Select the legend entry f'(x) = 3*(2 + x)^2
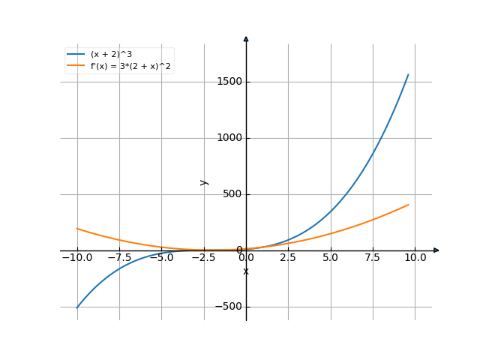pyautogui.click(x=130, y=66)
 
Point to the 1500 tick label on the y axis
pyautogui.click(x=227, y=81)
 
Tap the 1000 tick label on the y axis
pyautogui.click(x=227, y=137)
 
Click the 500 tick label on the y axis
pyautogui.click(x=230, y=193)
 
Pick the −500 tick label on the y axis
pyautogui.click(x=227, y=306)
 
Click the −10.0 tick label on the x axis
pyautogui.click(x=76, y=258)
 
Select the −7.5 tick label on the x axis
pyautogui.click(x=118, y=258)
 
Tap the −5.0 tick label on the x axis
pyautogui.click(x=161, y=258)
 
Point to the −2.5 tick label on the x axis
pyautogui.click(x=203, y=258)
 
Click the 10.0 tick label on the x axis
pyautogui.click(x=415, y=258)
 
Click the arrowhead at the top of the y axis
pyautogui.click(x=246, y=37)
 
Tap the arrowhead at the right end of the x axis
pyautogui.click(x=436, y=250)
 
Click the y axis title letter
pyautogui.click(x=204, y=181)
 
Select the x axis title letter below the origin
pyautogui.click(x=246, y=271)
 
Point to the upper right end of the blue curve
pyautogui.click(x=409, y=74)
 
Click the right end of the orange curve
pyautogui.click(x=409, y=204)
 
